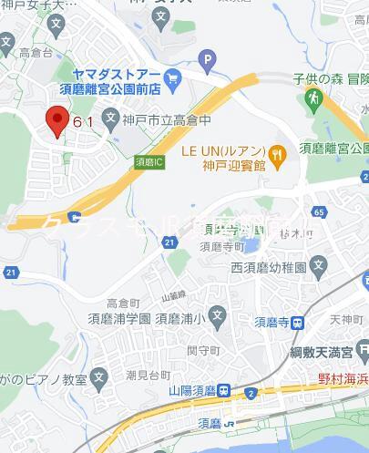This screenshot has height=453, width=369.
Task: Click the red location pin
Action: [56, 120]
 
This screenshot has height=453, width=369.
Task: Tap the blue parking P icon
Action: [207, 62]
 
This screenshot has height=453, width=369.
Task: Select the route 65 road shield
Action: [317, 211]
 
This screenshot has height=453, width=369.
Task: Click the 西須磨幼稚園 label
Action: [271, 267]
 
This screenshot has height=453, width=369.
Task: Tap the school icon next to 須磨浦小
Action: [218, 318]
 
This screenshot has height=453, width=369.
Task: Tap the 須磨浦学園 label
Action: [120, 319]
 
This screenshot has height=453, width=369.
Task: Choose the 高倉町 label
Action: [123, 301]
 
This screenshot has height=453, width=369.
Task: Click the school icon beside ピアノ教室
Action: [100, 375]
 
